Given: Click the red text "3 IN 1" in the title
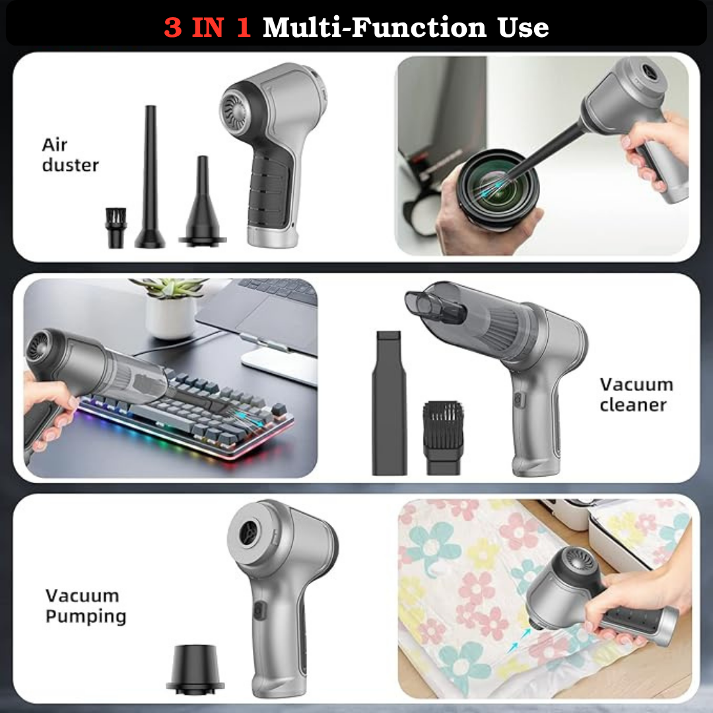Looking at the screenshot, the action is coord(207,27).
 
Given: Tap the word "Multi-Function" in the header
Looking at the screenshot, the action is coord(375,27).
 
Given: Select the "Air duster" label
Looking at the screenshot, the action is coord(70,154).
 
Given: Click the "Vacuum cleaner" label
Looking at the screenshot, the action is coord(636,394).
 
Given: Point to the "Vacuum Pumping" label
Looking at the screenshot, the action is coord(86,606).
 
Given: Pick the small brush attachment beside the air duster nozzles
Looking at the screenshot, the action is coord(116,227).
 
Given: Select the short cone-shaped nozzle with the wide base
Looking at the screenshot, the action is coord(203,203).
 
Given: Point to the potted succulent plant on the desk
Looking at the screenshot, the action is coord(170,308).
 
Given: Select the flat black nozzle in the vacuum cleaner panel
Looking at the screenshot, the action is coord(389,403).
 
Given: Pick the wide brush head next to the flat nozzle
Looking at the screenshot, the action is coord(444,438).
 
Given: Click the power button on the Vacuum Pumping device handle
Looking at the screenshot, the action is coord(259,611).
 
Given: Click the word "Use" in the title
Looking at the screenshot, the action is coord(523,27).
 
